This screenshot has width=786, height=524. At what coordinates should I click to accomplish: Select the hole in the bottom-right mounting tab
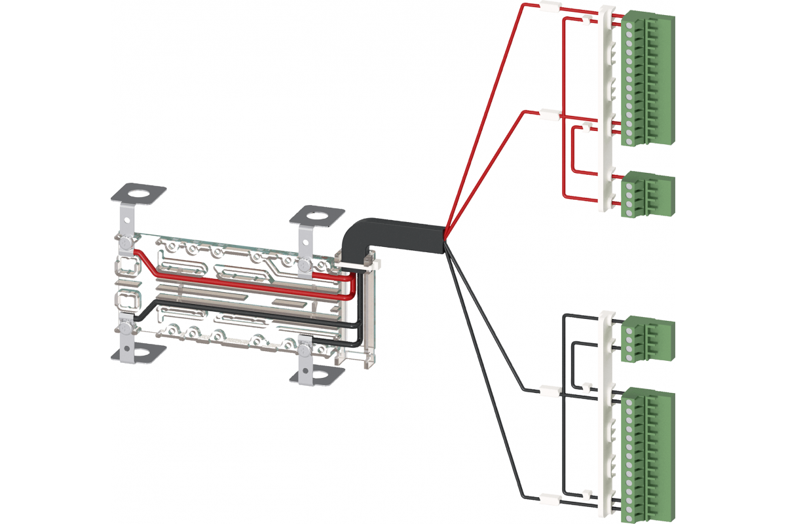click(317, 376)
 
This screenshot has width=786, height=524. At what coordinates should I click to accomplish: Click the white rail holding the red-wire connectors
click(607, 111)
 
